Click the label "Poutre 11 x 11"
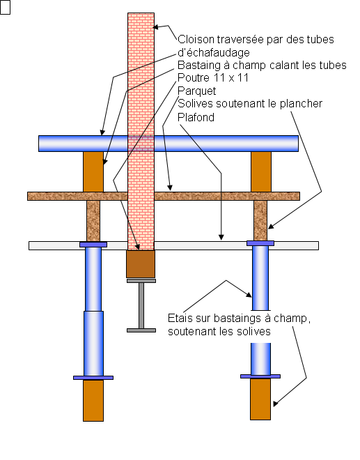[213, 78]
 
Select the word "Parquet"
[196, 91]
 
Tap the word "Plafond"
[196, 117]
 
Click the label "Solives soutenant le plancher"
[250, 104]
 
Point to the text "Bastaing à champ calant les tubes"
[262, 65]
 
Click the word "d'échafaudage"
[214, 52]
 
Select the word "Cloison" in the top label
[196, 39]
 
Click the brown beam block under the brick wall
[141, 264]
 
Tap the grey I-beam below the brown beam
[141, 306]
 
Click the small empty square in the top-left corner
[5, 7]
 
